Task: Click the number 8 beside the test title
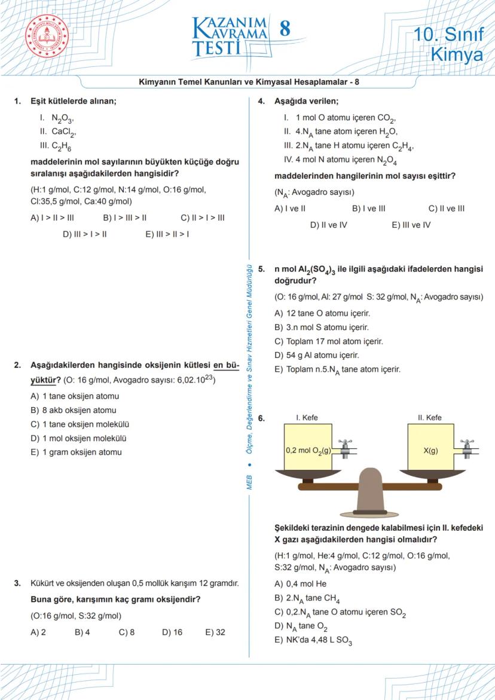pyautogui.click(x=285, y=29)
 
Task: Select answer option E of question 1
pyautogui.click(x=167, y=234)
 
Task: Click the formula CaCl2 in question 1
pyautogui.click(x=64, y=132)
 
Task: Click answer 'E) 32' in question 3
pyautogui.click(x=215, y=632)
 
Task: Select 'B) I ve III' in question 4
pyautogui.click(x=369, y=209)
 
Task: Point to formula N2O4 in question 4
pyautogui.click(x=386, y=160)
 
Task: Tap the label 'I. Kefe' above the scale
pyautogui.click(x=307, y=418)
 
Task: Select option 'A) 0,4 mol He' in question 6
pyautogui.click(x=300, y=584)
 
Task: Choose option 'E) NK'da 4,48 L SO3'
pyautogui.click(x=313, y=641)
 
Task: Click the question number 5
pyautogui.click(x=261, y=270)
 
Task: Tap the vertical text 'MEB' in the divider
pyautogui.click(x=249, y=482)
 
